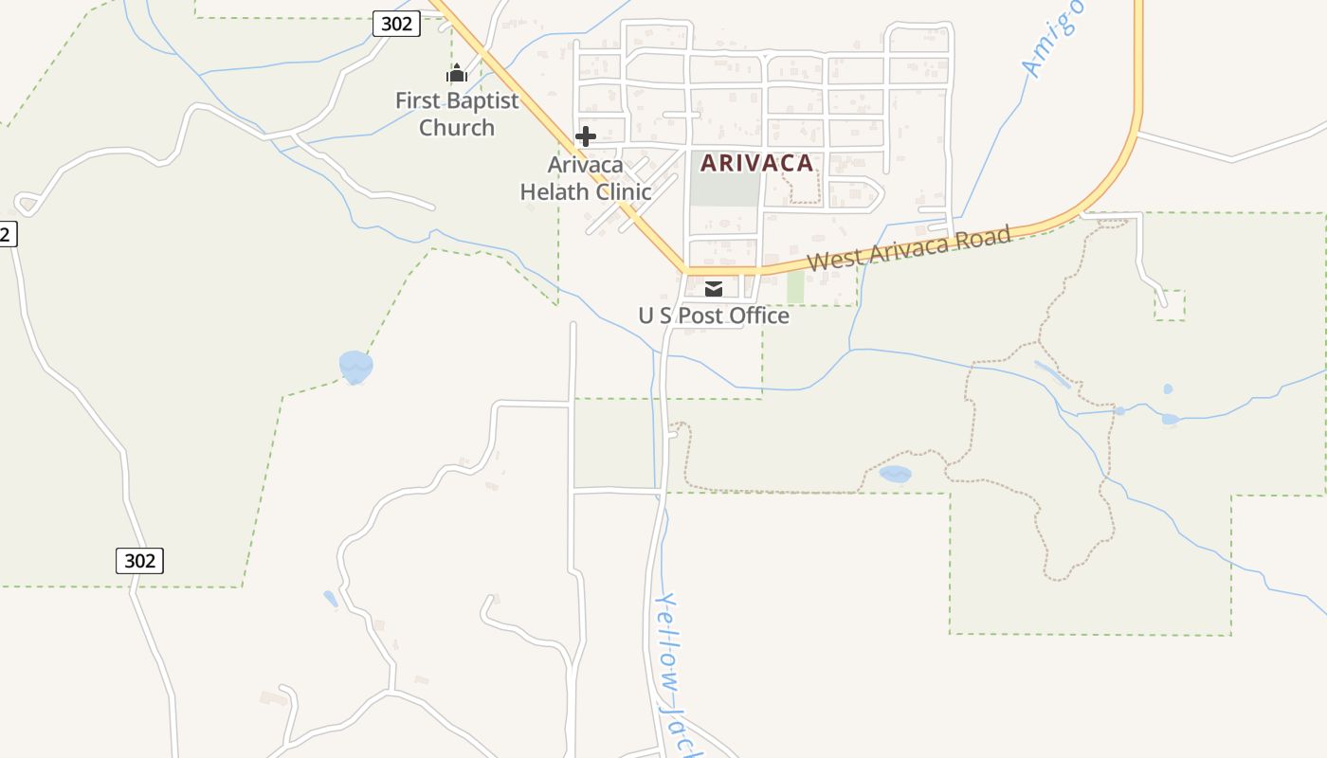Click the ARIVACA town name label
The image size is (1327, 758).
click(756, 163)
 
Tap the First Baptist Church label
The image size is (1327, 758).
click(457, 114)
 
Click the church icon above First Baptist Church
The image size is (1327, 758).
click(457, 73)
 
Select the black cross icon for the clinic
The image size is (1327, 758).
click(586, 136)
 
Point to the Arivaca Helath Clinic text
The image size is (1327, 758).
click(586, 178)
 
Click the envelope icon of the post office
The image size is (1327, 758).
click(714, 289)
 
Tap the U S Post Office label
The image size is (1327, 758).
click(714, 316)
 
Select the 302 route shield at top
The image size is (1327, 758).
click(396, 24)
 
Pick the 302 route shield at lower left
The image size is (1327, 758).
click(139, 560)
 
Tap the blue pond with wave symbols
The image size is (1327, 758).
click(355, 367)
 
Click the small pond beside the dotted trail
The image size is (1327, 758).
click(895, 474)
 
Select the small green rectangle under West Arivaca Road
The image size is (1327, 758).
click(795, 287)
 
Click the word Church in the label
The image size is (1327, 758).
click(457, 128)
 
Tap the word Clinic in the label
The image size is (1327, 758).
click(622, 192)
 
